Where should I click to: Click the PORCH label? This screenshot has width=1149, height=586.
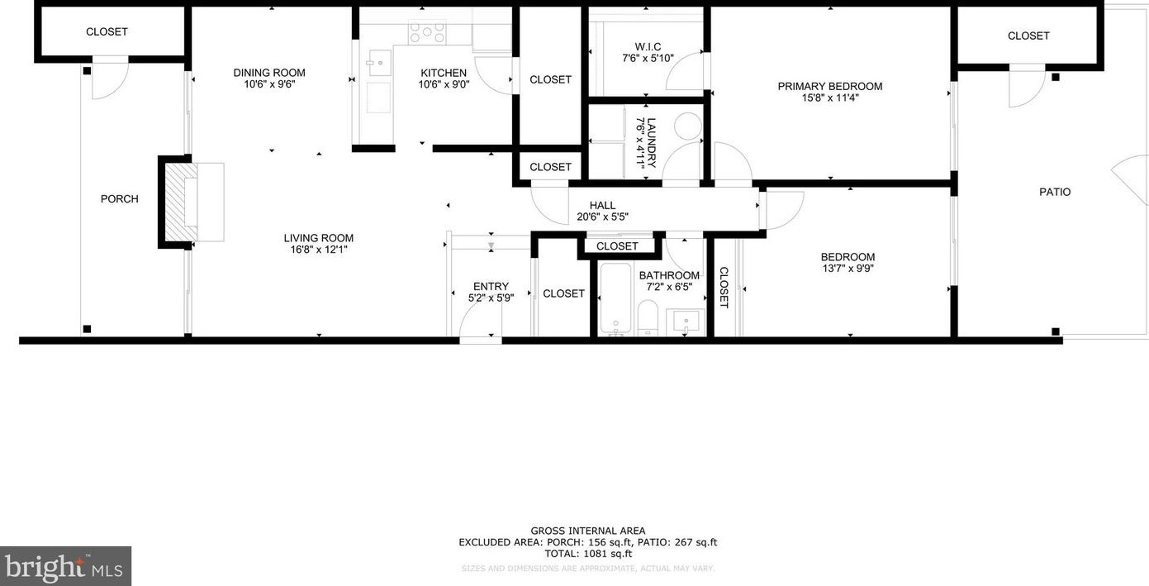(x=119, y=199)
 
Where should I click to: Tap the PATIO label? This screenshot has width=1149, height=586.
(x=1055, y=192)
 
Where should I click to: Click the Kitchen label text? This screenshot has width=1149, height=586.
(x=444, y=73)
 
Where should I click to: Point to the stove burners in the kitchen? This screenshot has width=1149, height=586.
(x=427, y=32)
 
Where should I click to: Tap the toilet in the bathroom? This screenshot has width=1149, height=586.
(x=648, y=318)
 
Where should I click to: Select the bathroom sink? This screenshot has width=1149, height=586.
(x=686, y=321)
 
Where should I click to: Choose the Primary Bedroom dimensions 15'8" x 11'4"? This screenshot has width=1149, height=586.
(x=829, y=98)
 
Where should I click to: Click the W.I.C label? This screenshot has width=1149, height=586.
(x=648, y=47)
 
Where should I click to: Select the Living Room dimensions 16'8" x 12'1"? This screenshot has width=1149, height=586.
(x=318, y=250)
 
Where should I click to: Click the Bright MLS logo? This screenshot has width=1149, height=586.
(x=65, y=567)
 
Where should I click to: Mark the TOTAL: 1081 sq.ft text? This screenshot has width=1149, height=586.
(x=587, y=554)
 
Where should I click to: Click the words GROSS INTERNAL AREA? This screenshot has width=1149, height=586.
(x=587, y=531)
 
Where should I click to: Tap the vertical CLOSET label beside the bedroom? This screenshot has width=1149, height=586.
(x=724, y=287)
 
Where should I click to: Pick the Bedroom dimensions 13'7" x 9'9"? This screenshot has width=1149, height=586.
(x=848, y=269)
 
